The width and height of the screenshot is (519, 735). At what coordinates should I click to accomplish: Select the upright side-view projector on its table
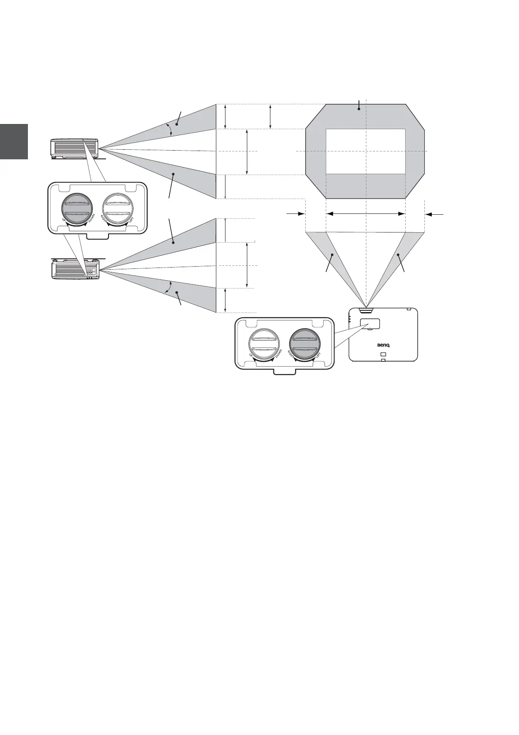(74, 148)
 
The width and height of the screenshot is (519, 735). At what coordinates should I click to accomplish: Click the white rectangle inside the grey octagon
(365, 151)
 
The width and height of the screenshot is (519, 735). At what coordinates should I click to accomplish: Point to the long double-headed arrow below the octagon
(365, 213)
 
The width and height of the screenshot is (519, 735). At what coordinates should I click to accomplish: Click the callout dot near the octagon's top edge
(359, 109)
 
